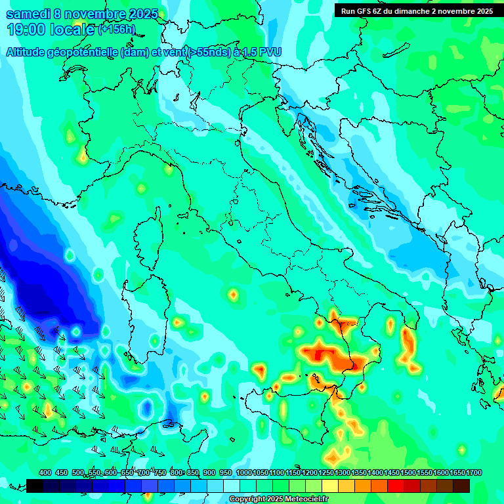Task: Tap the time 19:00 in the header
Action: [27, 30]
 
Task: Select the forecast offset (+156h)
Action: [116, 30]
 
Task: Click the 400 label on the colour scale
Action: [45, 472]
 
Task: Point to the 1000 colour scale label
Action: [243, 472]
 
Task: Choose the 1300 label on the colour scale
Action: [342, 472]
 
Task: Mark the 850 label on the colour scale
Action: [193, 472]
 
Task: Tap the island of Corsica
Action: [148, 236]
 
